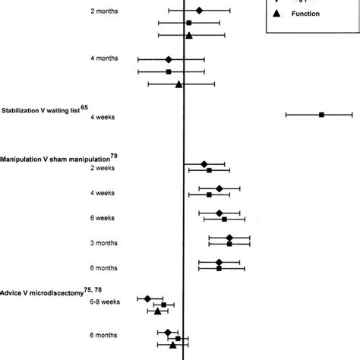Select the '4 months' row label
click(x=104, y=59)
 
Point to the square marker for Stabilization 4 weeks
click(x=321, y=115)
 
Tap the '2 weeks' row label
click(x=103, y=169)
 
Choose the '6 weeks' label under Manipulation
click(x=103, y=218)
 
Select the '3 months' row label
click(x=104, y=243)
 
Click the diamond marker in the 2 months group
click(x=199, y=10)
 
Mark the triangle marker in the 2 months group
click(x=189, y=35)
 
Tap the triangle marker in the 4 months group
click(x=179, y=84)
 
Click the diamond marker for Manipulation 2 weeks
click(x=204, y=164)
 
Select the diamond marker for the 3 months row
click(x=229, y=238)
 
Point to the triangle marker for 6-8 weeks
click(x=157, y=311)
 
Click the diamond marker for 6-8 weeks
click(x=147, y=298)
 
